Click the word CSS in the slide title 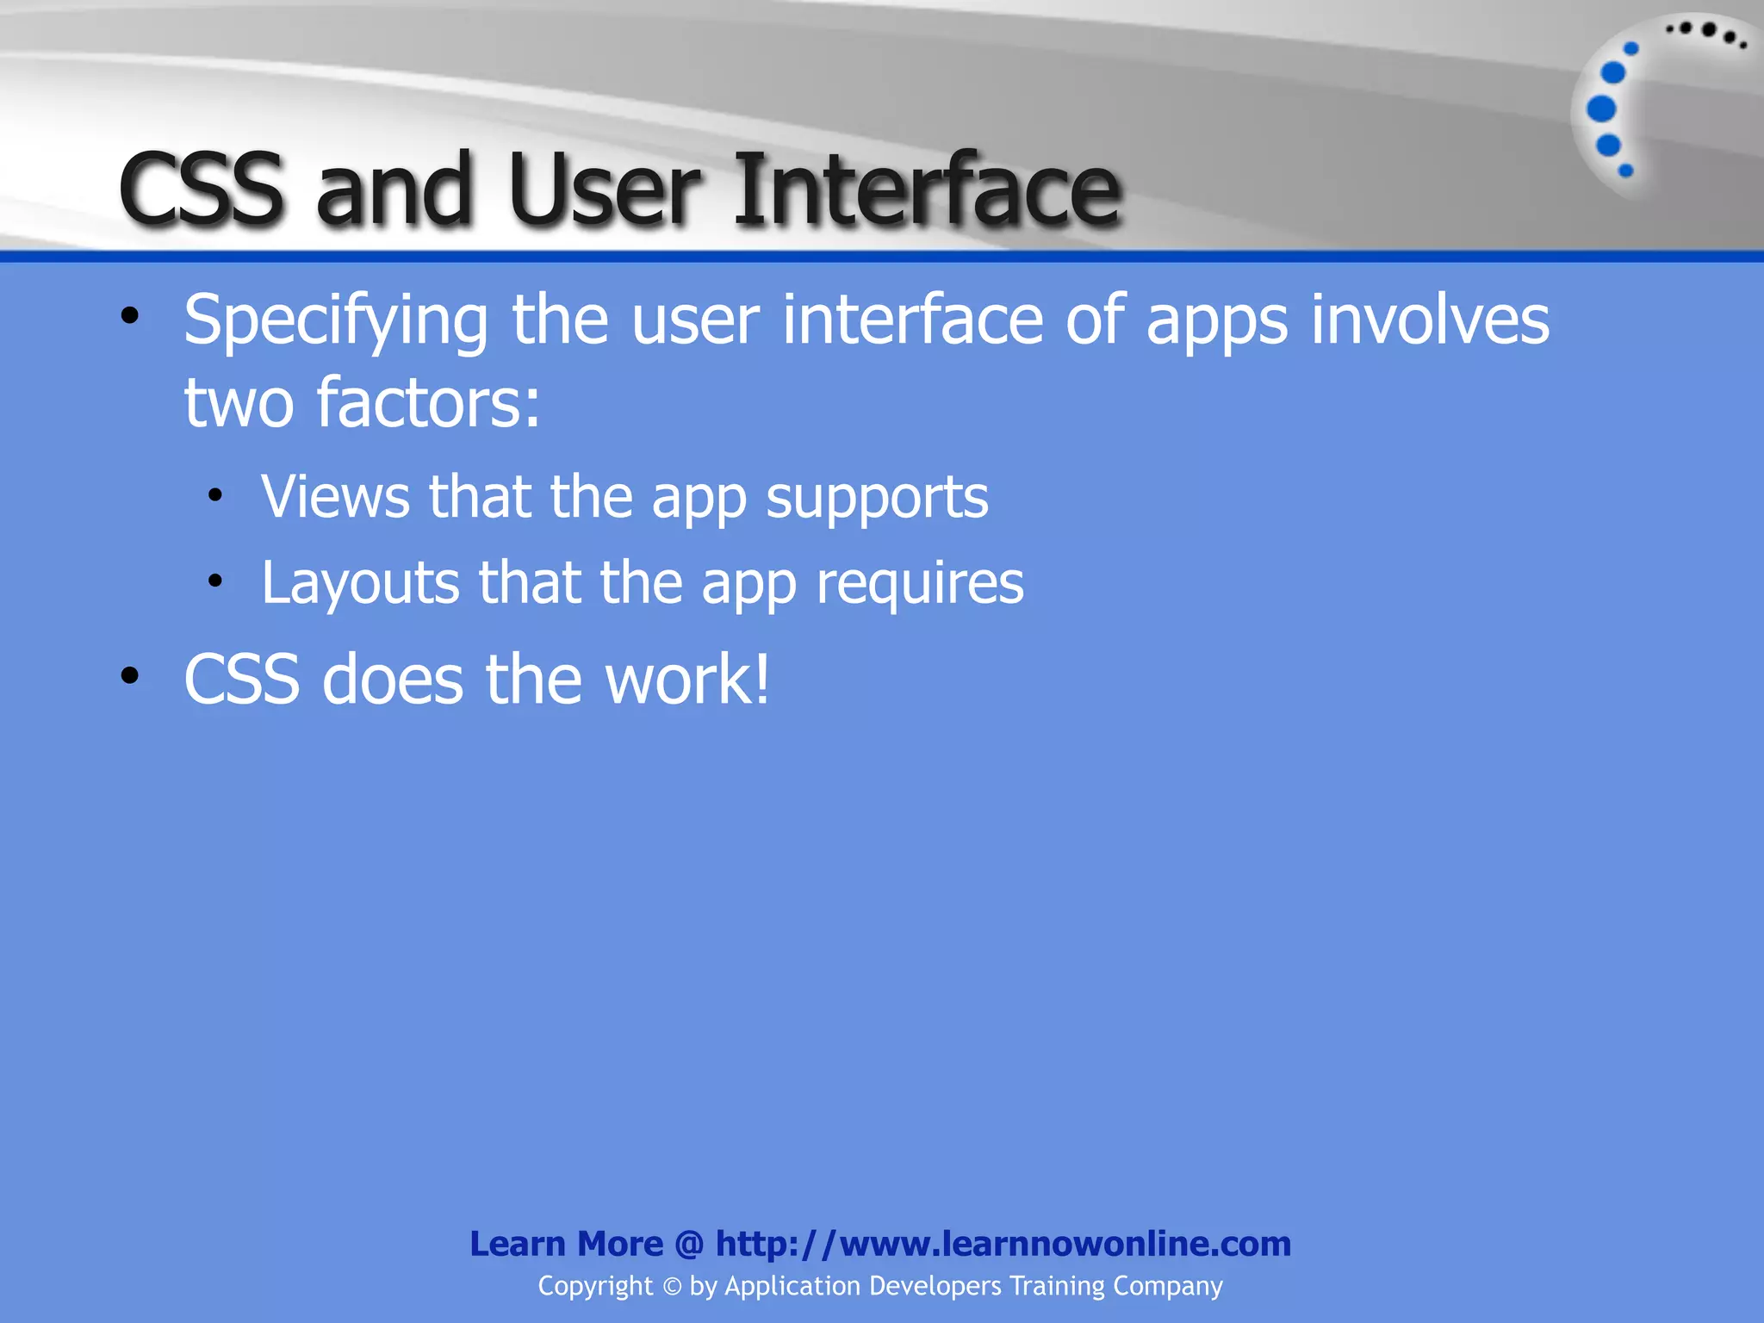click(x=201, y=189)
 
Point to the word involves click(x=1430, y=320)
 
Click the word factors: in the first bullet click(x=428, y=403)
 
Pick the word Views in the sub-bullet click(x=336, y=497)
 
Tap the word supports click(x=877, y=499)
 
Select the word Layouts click(x=360, y=583)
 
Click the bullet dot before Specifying click(x=130, y=316)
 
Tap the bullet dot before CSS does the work click(x=130, y=675)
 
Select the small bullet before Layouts click(x=215, y=581)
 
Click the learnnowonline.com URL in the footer click(x=1003, y=1244)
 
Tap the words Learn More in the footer click(x=566, y=1244)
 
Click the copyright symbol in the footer click(x=672, y=1287)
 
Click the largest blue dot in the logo click(x=1601, y=109)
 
